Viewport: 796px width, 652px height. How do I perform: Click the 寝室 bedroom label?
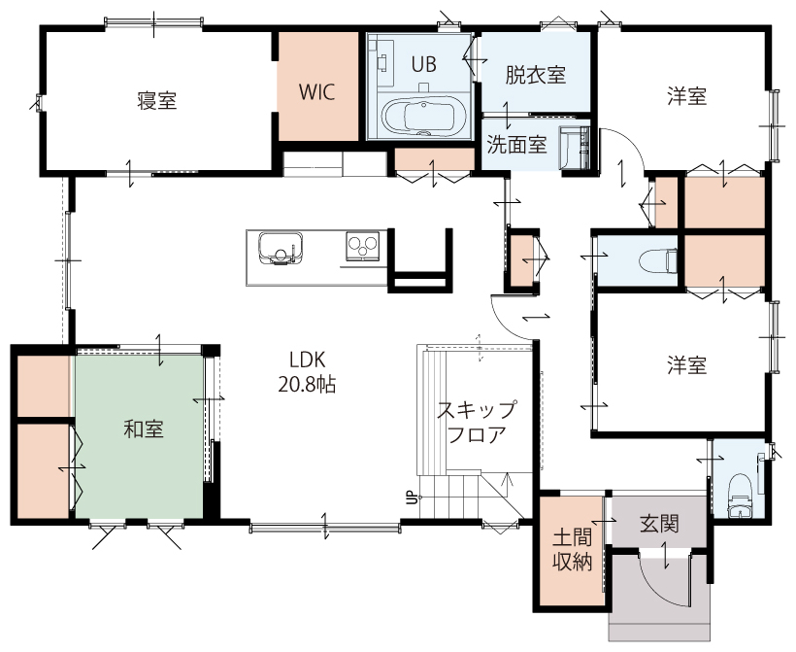pyautogui.click(x=157, y=101)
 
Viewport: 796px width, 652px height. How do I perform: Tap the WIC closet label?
pyautogui.click(x=316, y=92)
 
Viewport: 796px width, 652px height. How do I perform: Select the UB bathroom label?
pyautogui.click(x=423, y=64)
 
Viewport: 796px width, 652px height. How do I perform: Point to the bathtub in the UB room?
pyautogui.click(x=418, y=117)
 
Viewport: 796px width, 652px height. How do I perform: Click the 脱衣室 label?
pyautogui.click(x=536, y=75)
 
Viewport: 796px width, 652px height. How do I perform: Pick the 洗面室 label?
pyautogui.click(x=516, y=145)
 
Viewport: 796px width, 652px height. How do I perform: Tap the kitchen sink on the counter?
pyautogui.click(x=281, y=249)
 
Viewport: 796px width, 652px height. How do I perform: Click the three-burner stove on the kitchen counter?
pyautogui.click(x=362, y=247)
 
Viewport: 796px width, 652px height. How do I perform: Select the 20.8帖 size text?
pyautogui.click(x=307, y=385)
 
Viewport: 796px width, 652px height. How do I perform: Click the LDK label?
pyautogui.click(x=307, y=360)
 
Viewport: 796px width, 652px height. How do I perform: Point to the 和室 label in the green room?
pyautogui.click(x=144, y=429)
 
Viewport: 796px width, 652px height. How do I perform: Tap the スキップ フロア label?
pyautogui.click(x=477, y=422)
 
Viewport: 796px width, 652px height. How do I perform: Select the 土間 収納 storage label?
pyautogui.click(x=572, y=549)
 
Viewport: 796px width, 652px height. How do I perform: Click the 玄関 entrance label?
pyautogui.click(x=659, y=524)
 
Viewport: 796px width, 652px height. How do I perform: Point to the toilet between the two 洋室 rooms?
pyautogui.click(x=658, y=261)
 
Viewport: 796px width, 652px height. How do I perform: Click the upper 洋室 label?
pyautogui.click(x=687, y=96)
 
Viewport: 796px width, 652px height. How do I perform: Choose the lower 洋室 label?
pyautogui.click(x=687, y=365)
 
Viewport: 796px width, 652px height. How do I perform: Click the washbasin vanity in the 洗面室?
pyautogui.click(x=576, y=147)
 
